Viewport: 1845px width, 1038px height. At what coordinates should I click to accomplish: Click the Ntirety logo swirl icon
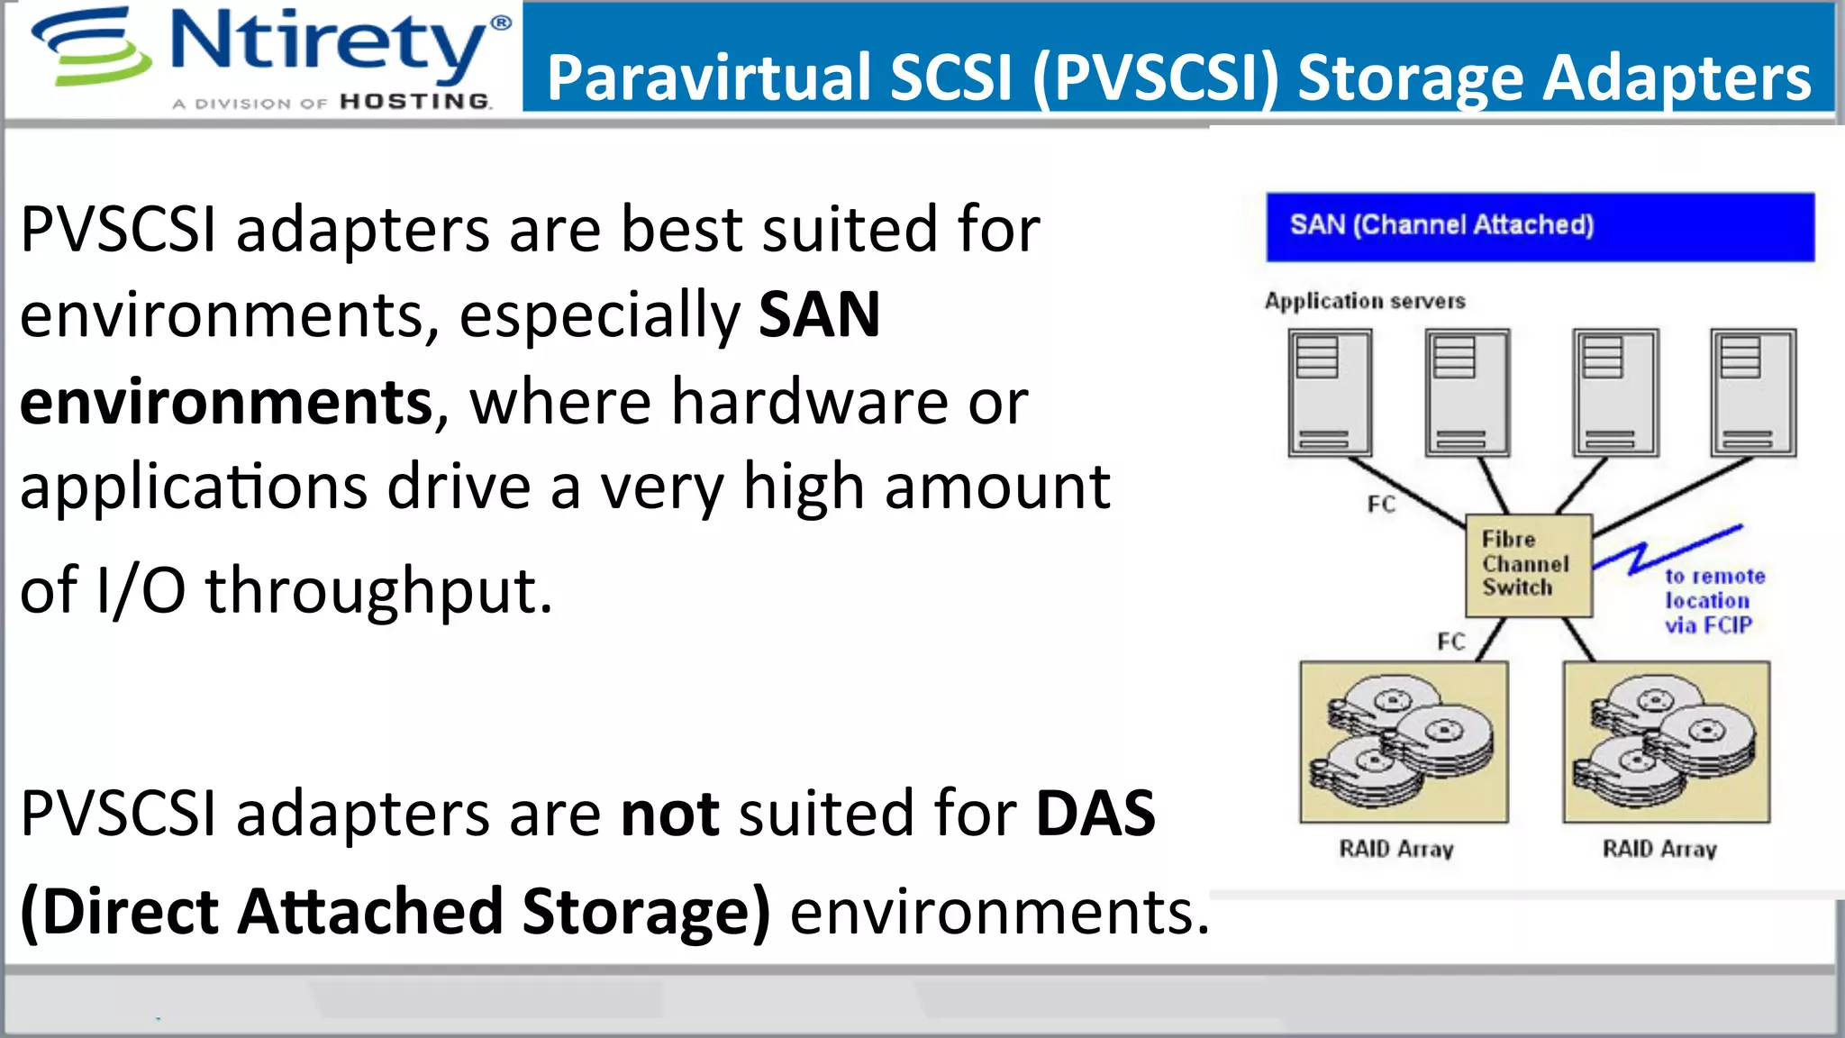pyautogui.click(x=90, y=47)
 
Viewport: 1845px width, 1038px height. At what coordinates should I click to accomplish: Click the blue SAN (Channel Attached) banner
pyautogui.click(x=1540, y=226)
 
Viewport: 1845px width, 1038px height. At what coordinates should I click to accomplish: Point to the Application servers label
pyautogui.click(x=1364, y=301)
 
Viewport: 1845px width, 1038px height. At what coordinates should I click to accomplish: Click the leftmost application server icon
pyautogui.click(x=1330, y=393)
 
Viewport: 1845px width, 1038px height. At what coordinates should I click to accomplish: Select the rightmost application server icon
pyautogui.click(x=1753, y=393)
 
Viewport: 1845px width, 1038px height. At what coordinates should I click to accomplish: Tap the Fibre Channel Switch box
pyautogui.click(x=1528, y=565)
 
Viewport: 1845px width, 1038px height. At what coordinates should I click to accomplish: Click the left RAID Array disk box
pyautogui.click(x=1404, y=742)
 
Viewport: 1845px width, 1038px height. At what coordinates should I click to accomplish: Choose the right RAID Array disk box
pyautogui.click(x=1666, y=742)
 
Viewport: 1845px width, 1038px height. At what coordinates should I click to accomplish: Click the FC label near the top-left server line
pyautogui.click(x=1381, y=505)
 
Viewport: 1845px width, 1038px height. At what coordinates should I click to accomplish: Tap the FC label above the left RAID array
pyautogui.click(x=1450, y=642)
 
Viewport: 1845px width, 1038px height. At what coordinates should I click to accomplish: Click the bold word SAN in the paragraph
pyautogui.click(x=819, y=315)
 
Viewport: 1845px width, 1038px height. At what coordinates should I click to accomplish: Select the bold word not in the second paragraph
pyautogui.click(x=669, y=814)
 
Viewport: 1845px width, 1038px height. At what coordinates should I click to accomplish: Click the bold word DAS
pyautogui.click(x=1095, y=814)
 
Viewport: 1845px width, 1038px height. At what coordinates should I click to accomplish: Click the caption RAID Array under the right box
pyautogui.click(x=1659, y=849)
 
